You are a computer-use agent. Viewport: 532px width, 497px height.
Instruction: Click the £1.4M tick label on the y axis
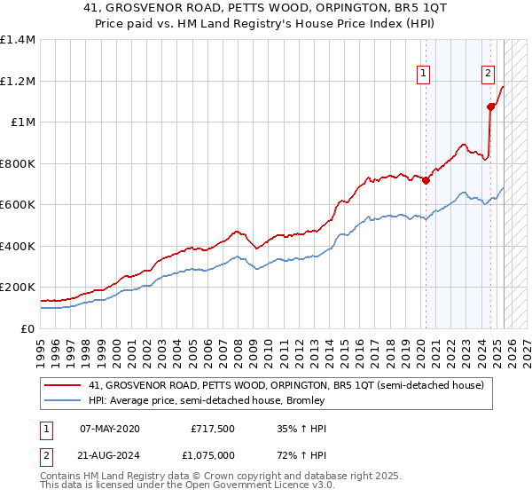[18, 40]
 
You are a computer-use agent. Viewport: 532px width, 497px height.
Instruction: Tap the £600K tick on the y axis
[18, 205]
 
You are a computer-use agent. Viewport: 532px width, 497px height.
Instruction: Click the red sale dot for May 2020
[426, 180]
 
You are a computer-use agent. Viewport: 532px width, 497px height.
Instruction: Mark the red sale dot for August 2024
[490, 106]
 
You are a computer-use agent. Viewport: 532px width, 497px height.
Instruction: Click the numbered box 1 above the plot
[425, 75]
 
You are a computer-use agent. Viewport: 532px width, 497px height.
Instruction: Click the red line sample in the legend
[63, 385]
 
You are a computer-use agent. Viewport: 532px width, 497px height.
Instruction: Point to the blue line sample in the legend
[63, 400]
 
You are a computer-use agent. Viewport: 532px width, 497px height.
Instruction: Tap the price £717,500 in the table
[213, 429]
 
